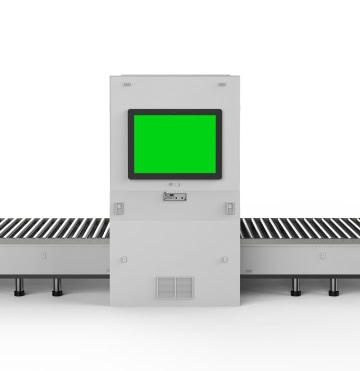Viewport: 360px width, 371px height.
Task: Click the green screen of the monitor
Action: point(174,144)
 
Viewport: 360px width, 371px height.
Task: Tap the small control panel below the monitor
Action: point(174,196)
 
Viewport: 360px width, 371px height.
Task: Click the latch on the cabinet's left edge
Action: point(118,208)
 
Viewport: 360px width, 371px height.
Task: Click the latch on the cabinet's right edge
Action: point(229,208)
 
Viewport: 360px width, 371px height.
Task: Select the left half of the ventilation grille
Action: point(165,288)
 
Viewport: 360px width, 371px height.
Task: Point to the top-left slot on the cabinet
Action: point(127,84)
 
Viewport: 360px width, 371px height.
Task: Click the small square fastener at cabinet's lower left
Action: point(124,259)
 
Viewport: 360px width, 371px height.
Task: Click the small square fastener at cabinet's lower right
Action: point(224,259)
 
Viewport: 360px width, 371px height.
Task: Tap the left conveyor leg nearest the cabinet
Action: point(56,286)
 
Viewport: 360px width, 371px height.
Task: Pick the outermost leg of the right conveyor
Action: point(333,286)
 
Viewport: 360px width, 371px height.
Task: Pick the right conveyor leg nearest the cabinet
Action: point(294,286)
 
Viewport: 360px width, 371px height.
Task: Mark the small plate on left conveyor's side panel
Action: point(44,256)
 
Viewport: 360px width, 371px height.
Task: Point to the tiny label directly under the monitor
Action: point(174,184)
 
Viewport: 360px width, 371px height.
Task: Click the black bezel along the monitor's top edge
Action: point(174,112)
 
